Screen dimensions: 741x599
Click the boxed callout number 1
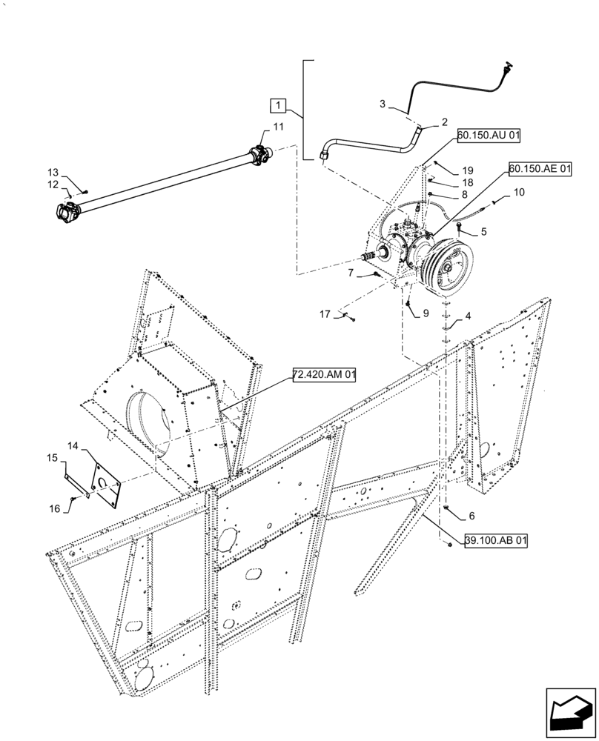click(277, 103)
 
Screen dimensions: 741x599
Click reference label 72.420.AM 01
click(324, 376)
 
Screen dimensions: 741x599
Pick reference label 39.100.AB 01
click(496, 542)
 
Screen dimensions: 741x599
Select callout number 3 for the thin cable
click(383, 104)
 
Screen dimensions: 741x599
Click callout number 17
click(325, 314)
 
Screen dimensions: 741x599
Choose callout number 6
click(471, 515)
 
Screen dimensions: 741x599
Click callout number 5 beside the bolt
click(483, 231)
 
